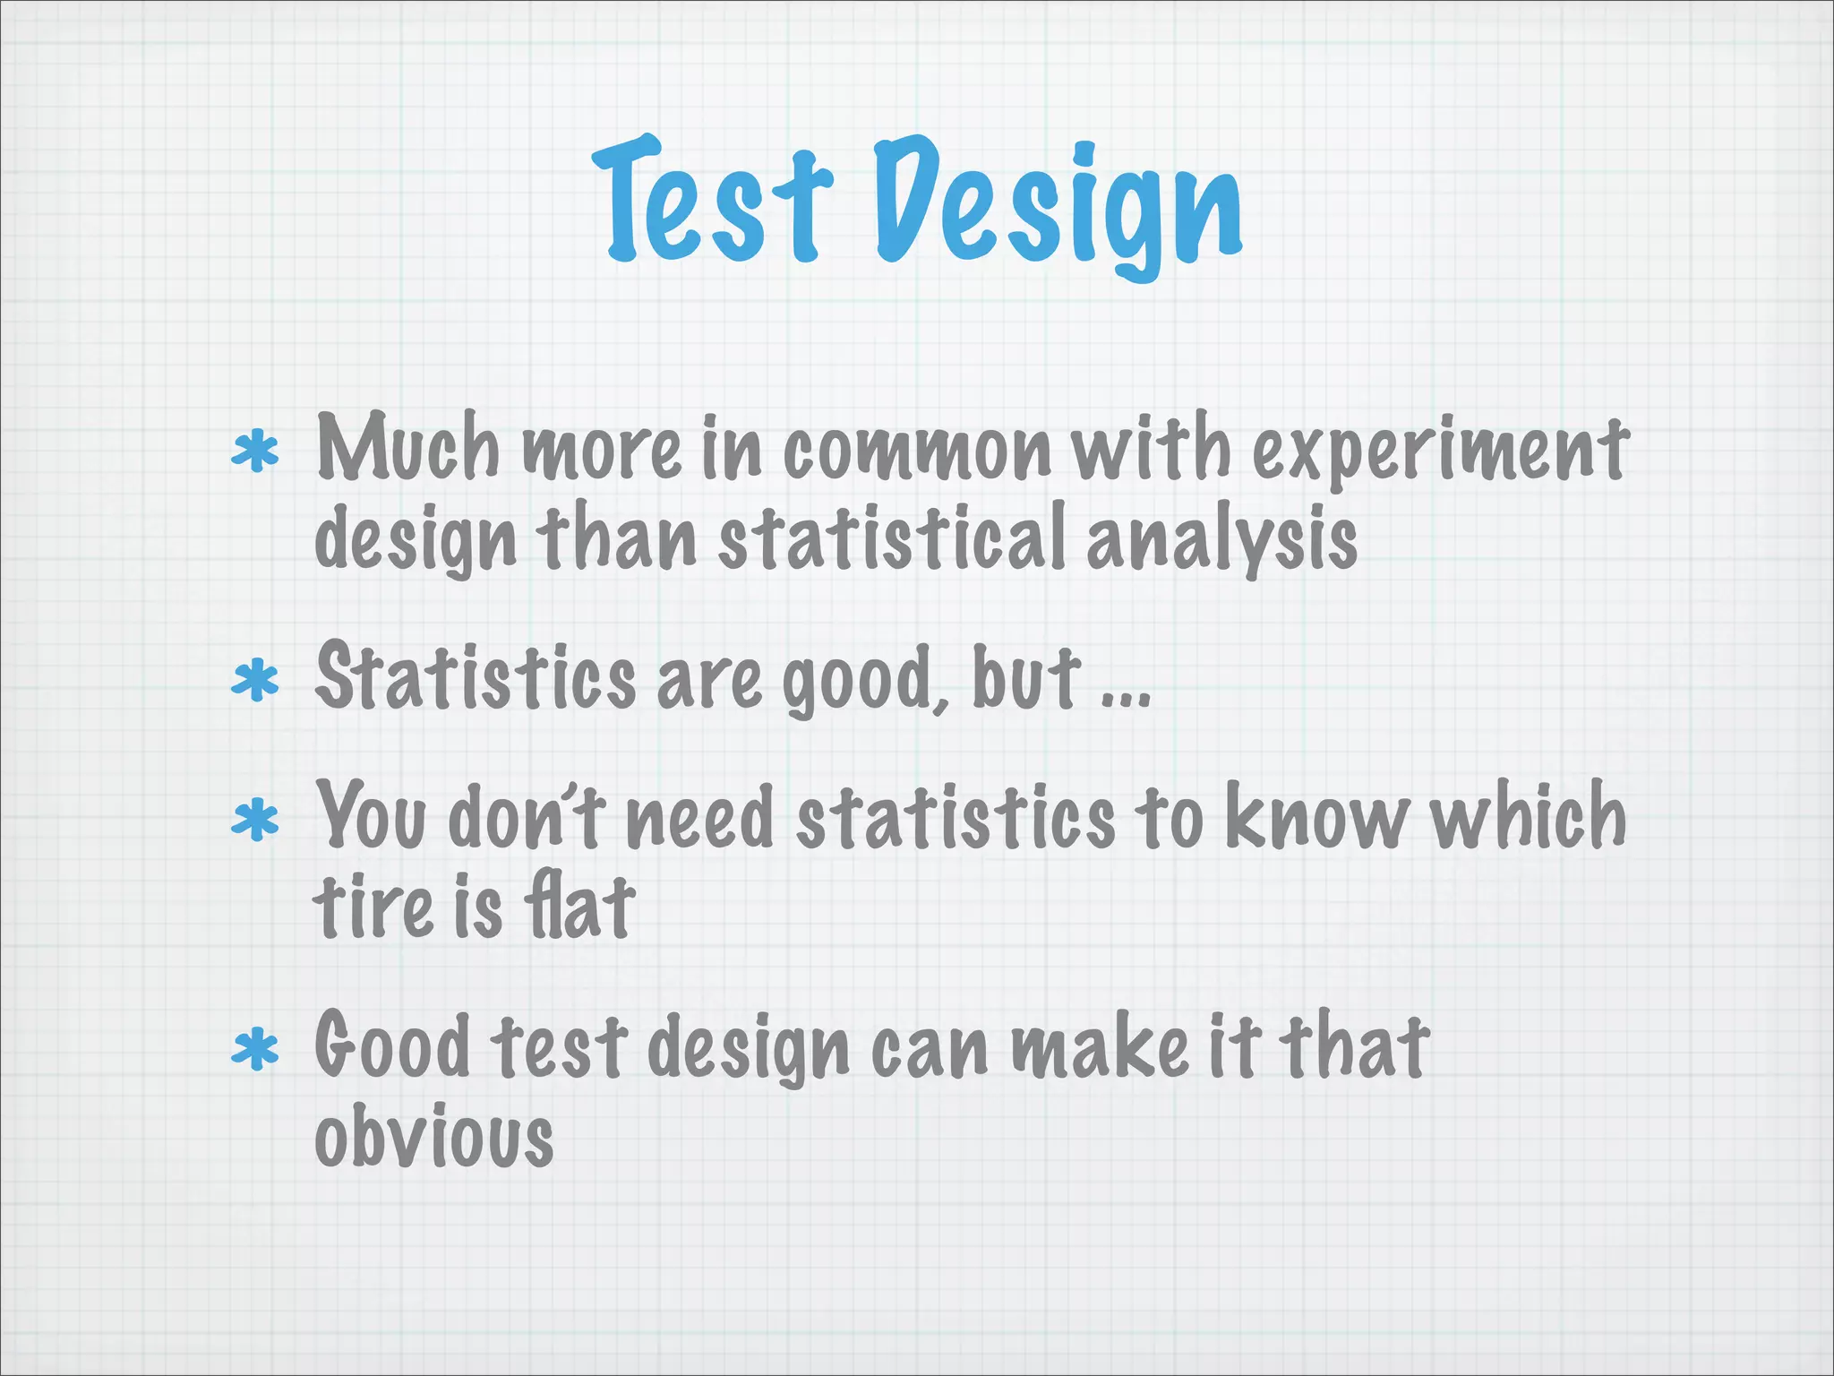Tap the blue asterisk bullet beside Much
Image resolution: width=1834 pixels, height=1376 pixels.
(255, 452)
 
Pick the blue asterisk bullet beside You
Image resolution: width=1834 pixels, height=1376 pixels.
(255, 820)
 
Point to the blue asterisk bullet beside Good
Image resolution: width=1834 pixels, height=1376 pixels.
(255, 1050)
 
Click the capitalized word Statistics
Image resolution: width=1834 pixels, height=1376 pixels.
(475, 677)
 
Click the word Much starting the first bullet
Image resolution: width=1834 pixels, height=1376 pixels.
(407, 448)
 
